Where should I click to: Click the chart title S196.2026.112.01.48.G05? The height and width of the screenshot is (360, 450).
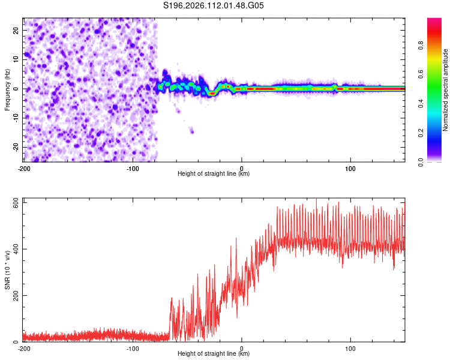click(x=214, y=6)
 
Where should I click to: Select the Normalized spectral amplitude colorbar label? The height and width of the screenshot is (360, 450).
click(x=445, y=90)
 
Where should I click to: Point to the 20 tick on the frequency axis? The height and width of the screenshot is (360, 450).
click(x=16, y=30)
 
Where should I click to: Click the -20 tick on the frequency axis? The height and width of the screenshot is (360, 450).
click(x=16, y=147)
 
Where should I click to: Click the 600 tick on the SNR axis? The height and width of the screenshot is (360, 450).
click(x=14, y=203)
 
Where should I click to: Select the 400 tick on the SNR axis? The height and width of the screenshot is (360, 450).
click(x=14, y=249)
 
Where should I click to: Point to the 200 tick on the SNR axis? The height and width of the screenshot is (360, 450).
click(x=14, y=296)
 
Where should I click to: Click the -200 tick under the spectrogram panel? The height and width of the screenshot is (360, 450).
click(x=24, y=167)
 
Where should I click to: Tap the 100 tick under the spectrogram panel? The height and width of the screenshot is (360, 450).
click(x=350, y=167)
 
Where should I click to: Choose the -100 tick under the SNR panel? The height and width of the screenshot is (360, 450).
click(x=133, y=348)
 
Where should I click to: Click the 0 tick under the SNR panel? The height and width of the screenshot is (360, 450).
click(x=242, y=348)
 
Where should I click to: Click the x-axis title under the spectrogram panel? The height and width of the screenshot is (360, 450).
click(x=214, y=174)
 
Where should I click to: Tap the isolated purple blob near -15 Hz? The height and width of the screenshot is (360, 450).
click(x=191, y=130)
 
